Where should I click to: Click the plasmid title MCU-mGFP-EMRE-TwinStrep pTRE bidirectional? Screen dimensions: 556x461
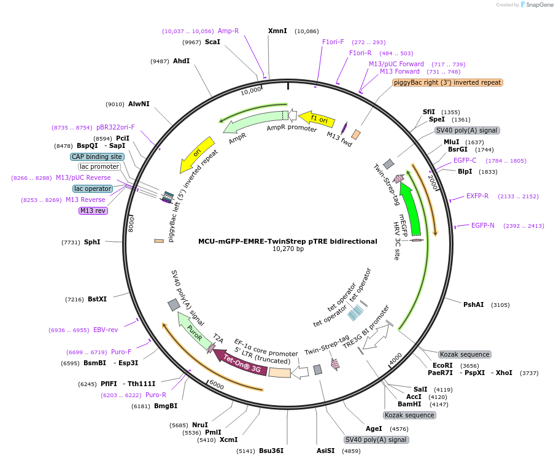pyautogui.click(x=288, y=241)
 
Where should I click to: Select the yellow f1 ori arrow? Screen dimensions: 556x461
pyautogui.click(x=317, y=118)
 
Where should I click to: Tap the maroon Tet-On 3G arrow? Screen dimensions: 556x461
pyautogui.click(x=241, y=362)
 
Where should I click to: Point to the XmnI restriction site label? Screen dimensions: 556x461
pyautogui.click(x=277, y=31)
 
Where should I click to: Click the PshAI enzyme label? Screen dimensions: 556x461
pyautogui.click(x=473, y=304)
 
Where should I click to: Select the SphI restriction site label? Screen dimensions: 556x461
pyautogui.click(x=92, y=242)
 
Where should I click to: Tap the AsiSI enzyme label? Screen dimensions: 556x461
pyautogui.click(x=325, y=451)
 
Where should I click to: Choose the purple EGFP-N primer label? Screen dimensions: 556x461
pyautogui.click(x=482, y=225)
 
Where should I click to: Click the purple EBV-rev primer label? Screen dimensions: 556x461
pyautogui.click(x=106, y=330)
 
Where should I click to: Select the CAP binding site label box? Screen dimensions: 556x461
pyautogui.click(x=97, y=157)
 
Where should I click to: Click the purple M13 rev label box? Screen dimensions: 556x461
pyautogui.click(x=93, y=211)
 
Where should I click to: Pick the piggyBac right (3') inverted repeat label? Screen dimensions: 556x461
pyautogui.click(x=447, y=83)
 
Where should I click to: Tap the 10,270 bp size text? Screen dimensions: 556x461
pyautogui.click(x=288, y=249)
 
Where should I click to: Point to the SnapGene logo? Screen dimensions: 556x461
pyautogui.click(x=537, y=5)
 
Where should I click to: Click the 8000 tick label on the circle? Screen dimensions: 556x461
pyautogui.click(x=131, y=225)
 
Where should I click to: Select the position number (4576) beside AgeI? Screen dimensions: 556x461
pyautogui.click(x=399, y=429)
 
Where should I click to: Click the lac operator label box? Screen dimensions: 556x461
pyautogui.click(x=93, y=188)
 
